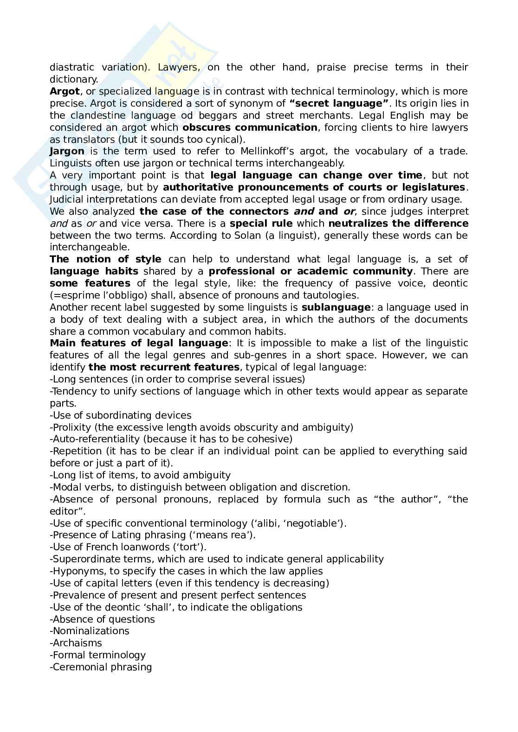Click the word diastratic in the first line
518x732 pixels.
(72, 67)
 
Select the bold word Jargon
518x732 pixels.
(67, 151)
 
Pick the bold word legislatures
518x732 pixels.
(432, 187)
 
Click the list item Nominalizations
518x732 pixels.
(91, 631)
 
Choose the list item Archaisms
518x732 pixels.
(77, 643)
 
